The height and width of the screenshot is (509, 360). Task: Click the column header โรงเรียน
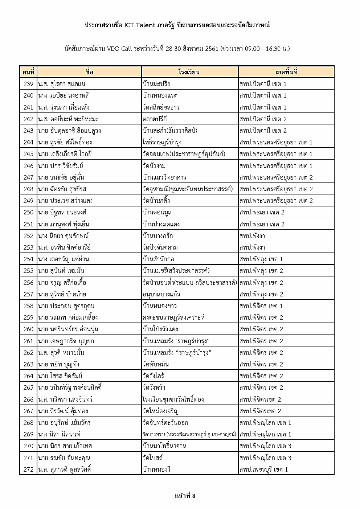point(189,72)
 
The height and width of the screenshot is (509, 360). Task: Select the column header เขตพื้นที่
point(286,72)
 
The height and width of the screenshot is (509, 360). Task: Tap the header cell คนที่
point(28,72)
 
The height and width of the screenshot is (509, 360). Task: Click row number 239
point(28,84)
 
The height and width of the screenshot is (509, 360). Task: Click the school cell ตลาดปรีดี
point(155,119)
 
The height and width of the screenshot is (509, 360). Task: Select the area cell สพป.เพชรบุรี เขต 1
point(263,469)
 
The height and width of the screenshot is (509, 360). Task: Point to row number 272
point(28,469)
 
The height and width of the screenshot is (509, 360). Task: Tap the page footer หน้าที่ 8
point(185,496)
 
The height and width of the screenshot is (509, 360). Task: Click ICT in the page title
point(130,25)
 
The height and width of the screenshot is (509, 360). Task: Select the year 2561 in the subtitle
point(212,49)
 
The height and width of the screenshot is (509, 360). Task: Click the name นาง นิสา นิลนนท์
point(59,434)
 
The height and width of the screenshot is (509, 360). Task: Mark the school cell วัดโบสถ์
point(153,458)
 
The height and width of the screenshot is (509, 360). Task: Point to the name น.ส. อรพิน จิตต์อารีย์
point(64,247)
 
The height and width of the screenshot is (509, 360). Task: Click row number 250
point(28,212)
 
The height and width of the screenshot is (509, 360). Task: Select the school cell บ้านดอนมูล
point(157,212)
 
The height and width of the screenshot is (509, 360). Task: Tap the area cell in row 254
point(261,259)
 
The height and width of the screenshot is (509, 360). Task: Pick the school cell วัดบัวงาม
point(155,166)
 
